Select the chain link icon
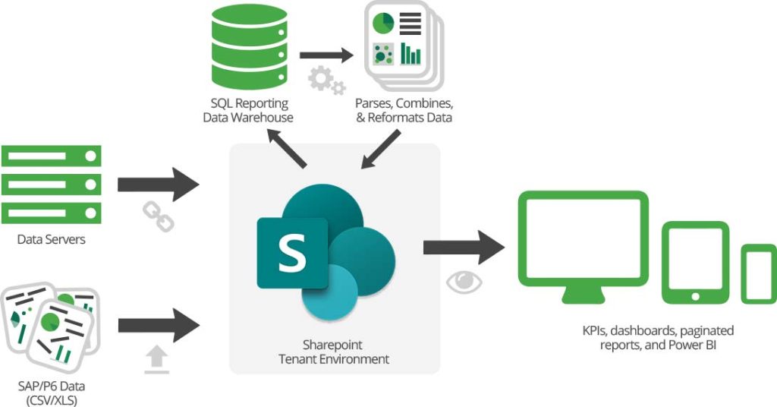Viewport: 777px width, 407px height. pos(159,216)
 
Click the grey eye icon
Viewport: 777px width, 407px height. pos(464,281)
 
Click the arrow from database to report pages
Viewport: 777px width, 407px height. pos(327,55)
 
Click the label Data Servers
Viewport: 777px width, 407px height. pos(51,240)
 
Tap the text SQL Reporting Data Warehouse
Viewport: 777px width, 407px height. pos(247,110)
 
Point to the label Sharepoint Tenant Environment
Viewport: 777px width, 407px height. pos(334,352)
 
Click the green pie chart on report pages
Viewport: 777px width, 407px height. pos(383,23)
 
